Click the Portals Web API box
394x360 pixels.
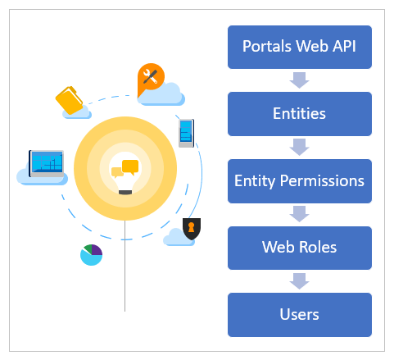300,47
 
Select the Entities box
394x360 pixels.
300,114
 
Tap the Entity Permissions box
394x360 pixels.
300,181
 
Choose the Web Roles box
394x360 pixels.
300,248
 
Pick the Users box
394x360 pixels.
300,315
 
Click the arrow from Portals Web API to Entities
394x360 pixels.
300,80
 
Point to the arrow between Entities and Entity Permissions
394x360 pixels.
300,148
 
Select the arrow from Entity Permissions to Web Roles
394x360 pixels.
300,214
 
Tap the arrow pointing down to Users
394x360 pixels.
300,281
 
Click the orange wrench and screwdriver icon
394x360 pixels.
151,78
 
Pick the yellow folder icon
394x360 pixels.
70,100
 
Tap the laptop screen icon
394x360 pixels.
47,163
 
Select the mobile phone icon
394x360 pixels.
186,133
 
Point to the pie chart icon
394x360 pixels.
91,255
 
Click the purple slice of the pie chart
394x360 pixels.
96,250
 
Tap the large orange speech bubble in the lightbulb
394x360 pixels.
130,167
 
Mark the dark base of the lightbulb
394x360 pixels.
125,192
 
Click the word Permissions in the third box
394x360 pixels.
322,181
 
